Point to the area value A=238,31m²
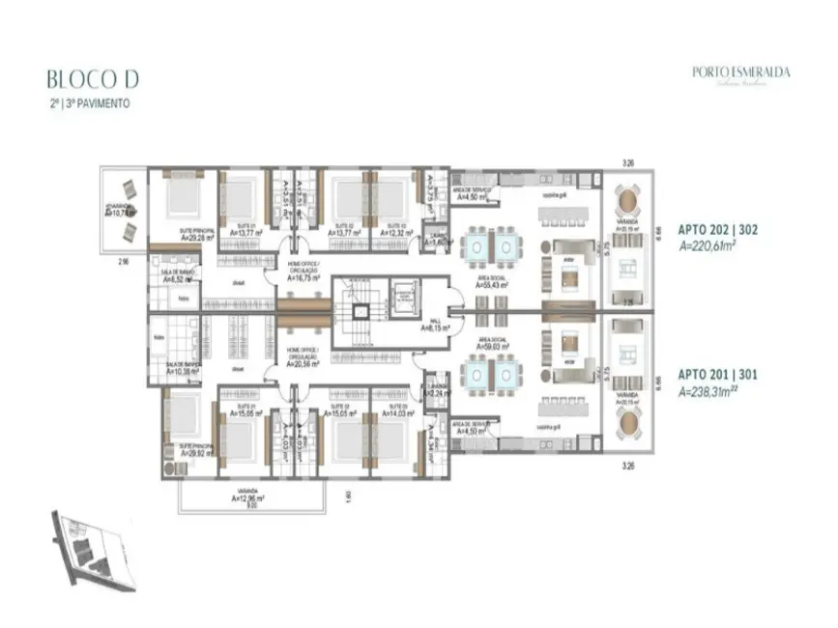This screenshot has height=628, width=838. pyautogui.click(x=714, y=392)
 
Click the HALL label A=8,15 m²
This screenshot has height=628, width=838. pyautogui.click(x=434, y=327)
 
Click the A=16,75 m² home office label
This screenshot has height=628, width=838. pyautogui.click(x=304, y=277)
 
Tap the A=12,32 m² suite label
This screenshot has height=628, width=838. pyautogui.click(x=395, y=233)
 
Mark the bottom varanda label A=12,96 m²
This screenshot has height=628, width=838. pyautogui.click(x=248, y=500)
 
